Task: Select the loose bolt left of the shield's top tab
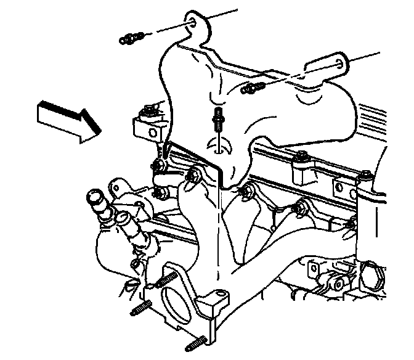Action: click(132, 39)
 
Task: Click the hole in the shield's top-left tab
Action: click(195, 22)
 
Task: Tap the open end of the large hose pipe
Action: click(94, 198)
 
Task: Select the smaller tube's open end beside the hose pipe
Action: click(123, 216)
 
